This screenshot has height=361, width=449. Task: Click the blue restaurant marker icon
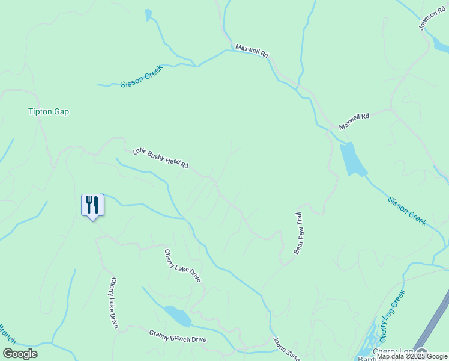coord(92,205)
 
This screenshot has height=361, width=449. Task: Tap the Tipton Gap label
coord(49,111)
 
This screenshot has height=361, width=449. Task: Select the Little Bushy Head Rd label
coord(161,158)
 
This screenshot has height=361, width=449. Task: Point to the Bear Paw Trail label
coord(297,233)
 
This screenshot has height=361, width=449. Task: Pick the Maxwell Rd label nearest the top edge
coord(252,50)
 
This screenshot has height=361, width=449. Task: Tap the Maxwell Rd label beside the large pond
coord(354,121)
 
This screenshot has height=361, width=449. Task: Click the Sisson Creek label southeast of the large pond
coord(407,211)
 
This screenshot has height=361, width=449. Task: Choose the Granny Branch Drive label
coord(178,336)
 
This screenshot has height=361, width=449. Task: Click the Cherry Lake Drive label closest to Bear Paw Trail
coord(182,266)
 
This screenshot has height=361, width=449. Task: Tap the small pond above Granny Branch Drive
coord(177,315)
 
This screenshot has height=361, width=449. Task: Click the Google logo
coord(20,354)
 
